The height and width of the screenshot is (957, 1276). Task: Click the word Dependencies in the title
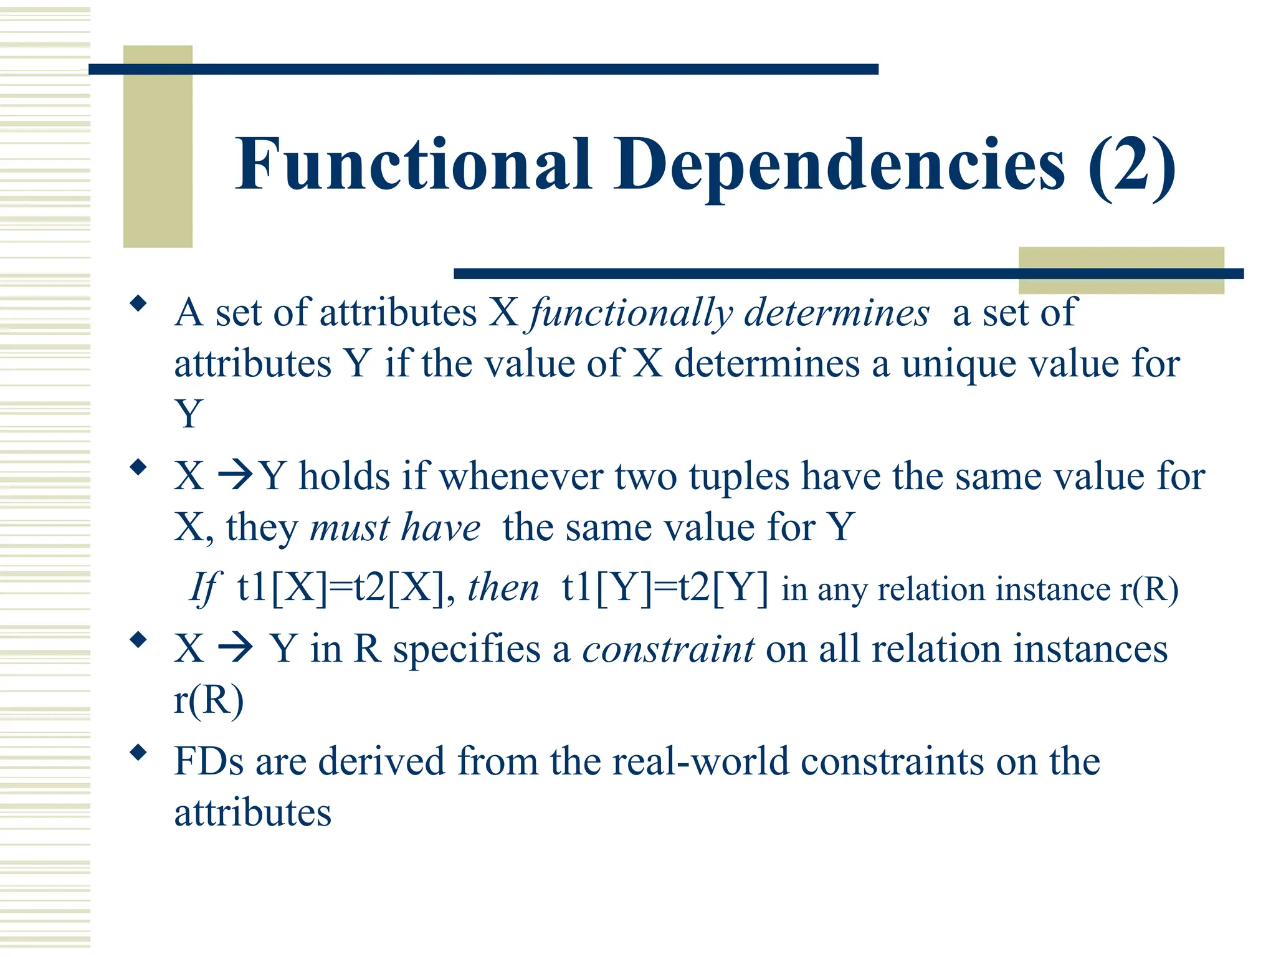839,165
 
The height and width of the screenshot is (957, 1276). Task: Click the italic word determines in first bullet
836,313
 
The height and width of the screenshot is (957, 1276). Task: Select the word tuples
739,477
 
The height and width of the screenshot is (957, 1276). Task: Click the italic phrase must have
395,528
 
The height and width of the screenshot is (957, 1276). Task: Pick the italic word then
503,588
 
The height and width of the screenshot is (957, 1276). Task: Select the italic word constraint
669,649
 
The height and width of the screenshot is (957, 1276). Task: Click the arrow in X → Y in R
235,649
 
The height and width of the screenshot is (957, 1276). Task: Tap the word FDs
209,761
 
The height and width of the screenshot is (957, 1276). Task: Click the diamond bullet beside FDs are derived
138,753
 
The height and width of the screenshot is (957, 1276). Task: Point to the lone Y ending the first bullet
189,414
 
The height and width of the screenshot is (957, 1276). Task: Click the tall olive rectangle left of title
158,146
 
